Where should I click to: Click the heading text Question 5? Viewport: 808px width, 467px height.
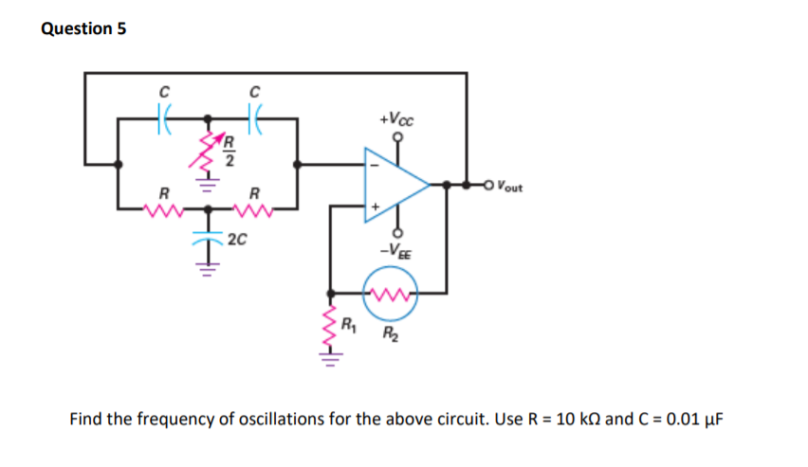(84, 28)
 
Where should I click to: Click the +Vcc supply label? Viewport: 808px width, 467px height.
(395, 121)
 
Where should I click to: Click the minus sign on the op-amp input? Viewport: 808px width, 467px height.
(373, 166)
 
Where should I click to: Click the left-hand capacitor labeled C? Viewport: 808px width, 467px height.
(163, 118)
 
